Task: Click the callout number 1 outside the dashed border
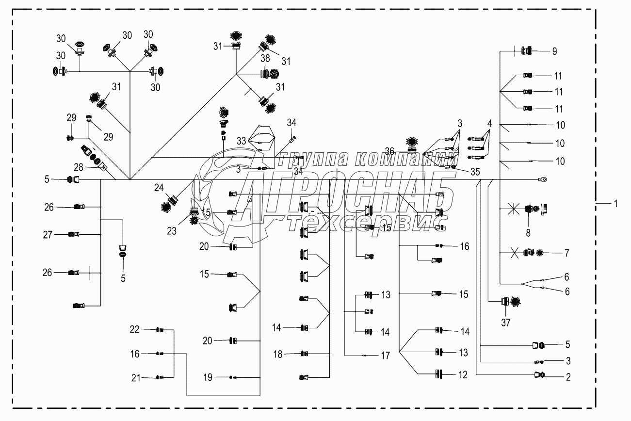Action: pos(615,204)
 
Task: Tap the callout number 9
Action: pos(554,51)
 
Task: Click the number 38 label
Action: pos(265,58)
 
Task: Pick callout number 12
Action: pos(463,374)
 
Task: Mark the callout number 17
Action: pos(385,356)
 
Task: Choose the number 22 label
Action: pos(134,329)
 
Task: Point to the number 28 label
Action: pos(79,167)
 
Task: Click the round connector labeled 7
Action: pos(539,253)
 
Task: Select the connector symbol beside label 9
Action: pos(526,50)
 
